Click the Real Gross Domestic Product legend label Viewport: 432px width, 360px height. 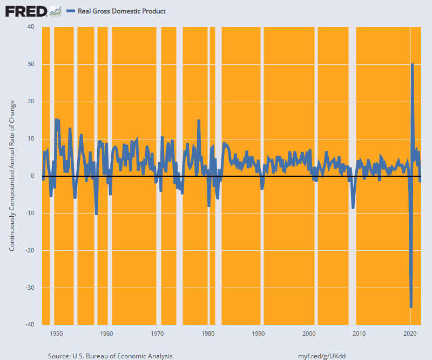[122, 11]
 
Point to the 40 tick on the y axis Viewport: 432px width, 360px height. [31, 27]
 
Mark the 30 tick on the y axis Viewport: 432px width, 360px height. [31, 64]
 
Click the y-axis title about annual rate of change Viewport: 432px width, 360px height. [12, 176]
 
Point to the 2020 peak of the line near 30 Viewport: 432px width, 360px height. [413, 64]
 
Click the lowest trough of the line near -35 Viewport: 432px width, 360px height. [411, 307]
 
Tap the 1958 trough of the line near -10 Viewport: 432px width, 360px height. [96, 214]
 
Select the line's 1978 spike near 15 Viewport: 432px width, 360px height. [199, 120]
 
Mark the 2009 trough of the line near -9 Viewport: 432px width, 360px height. [353, 208]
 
